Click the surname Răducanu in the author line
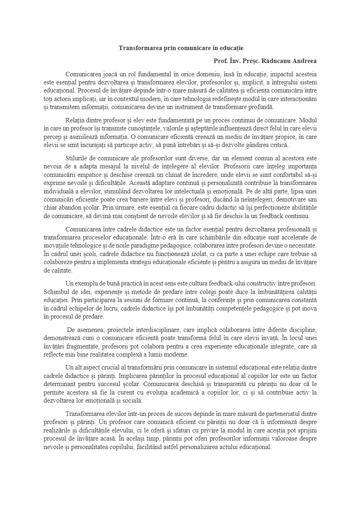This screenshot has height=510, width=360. [276, 61]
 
